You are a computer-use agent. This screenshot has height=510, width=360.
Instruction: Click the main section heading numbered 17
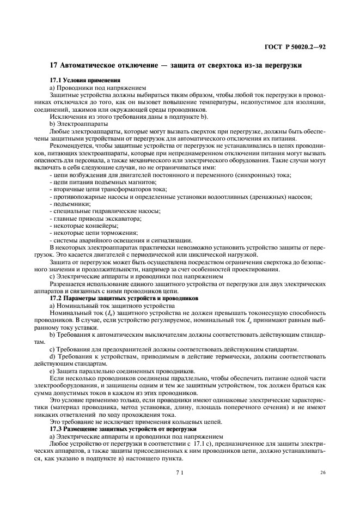[x=175, y=65]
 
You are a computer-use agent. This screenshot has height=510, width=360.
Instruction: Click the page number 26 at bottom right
[x=323, y=473]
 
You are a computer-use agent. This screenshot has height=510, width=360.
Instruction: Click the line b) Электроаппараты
[x=78, y=124]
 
